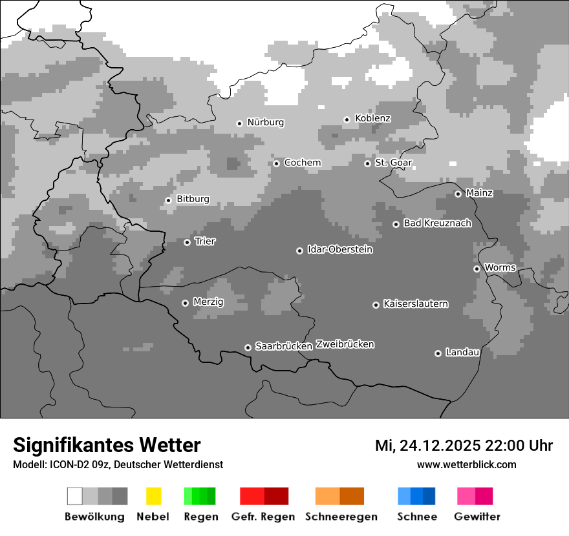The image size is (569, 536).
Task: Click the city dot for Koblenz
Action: click(347, 119)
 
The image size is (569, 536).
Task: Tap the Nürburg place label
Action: click(265, 122)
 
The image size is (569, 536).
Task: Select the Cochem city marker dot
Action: click(276, 163)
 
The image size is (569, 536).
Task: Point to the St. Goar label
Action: click(393, 163)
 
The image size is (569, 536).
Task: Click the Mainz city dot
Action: click(458, 194)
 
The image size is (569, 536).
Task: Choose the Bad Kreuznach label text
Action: click(437, 223)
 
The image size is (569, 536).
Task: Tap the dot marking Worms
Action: click(477, 269)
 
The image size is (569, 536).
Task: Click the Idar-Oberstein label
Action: click(339, 249)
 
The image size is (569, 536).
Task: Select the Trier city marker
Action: click(187, 242)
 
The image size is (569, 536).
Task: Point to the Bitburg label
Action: click(193, 199)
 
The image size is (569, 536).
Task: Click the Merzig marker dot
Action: click(185, 303)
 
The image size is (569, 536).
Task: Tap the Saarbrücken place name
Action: click(284, 346)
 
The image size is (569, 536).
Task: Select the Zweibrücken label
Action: click(345, 344)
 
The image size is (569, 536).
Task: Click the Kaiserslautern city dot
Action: click(376, 305)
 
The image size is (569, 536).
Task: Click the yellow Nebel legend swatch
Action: click(153, 496)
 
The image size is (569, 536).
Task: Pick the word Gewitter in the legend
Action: click(477, 517)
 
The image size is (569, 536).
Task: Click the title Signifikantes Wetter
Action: click(107, 445)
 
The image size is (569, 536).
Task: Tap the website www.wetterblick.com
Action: click(466, 464)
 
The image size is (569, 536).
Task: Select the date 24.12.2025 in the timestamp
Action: click(439, 446)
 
